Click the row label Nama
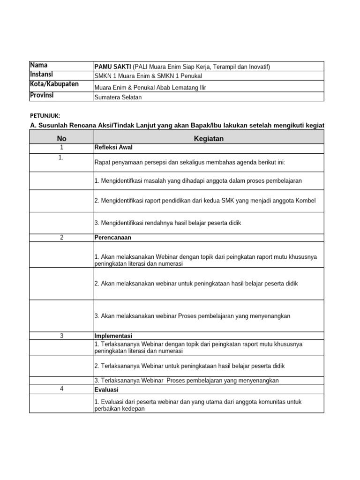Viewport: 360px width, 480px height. click(39, 66)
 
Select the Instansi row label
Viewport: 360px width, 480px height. click(42, 75)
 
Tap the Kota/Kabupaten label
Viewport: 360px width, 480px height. click(54, 84)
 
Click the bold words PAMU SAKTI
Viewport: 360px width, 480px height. click(112, 67)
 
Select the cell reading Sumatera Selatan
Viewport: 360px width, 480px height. click(118, 97)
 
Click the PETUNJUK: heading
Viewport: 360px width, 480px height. click(45, 115)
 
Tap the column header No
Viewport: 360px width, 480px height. click(62, 138)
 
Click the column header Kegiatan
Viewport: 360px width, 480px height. click(209, 138)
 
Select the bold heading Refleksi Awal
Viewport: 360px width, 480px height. click(113, 148)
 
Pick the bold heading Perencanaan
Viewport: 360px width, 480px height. click(113, 238)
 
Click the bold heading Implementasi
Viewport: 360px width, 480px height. click(113, 336)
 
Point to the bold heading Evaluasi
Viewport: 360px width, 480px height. click(107, 390)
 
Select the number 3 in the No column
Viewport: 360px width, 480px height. click(62, 336)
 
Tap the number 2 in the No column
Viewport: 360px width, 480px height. click(62, 238)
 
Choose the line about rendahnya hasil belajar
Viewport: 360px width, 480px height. click(168, 223)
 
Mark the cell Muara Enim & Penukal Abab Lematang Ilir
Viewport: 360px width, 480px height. click(150, 88)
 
